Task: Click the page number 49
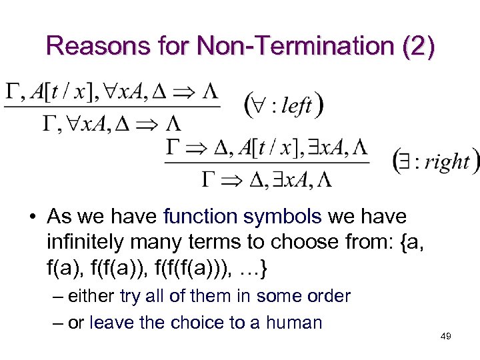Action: pos(446,337)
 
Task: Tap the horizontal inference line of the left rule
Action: pos(111,107)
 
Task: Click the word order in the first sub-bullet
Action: pos(327,295)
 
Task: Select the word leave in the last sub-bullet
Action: pos(110,323)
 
